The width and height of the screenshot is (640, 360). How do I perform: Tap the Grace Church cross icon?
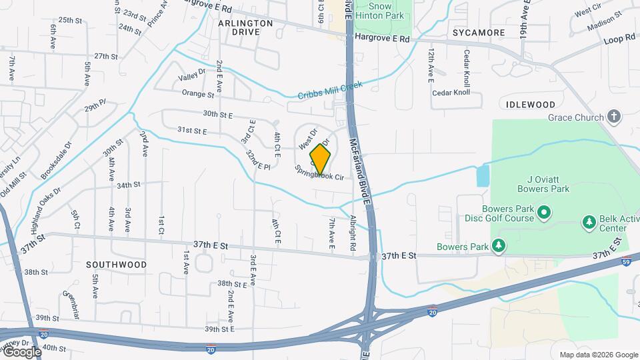pos(614,118)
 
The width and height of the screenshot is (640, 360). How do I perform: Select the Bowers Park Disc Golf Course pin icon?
pos(544,213)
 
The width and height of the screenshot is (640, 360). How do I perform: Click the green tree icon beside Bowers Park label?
pos(499,247)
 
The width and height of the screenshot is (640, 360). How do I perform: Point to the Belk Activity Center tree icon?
pos(589,221)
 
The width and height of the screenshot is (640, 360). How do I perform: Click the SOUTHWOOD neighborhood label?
pos(116,265)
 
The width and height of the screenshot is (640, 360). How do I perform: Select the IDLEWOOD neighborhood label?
pos(530,105)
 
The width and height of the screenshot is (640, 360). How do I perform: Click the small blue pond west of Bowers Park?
pos(483,176)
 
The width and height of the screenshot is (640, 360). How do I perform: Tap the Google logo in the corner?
pos(21,351)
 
